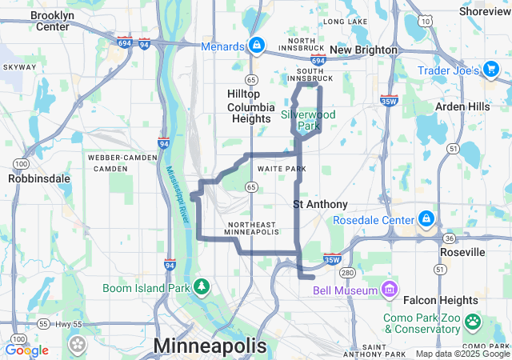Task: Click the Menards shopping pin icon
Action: [256, 46]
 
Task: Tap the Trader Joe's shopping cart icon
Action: [491, 70]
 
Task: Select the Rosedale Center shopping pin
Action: [426, 219]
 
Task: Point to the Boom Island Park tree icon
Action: [203, 286]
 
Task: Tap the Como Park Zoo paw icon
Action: [474, 322]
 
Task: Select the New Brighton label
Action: [363, 50]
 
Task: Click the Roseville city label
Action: [462, 252]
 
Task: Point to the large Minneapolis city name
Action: [210, 346]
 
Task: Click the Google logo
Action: [26, 350]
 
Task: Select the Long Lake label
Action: [346, 22]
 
